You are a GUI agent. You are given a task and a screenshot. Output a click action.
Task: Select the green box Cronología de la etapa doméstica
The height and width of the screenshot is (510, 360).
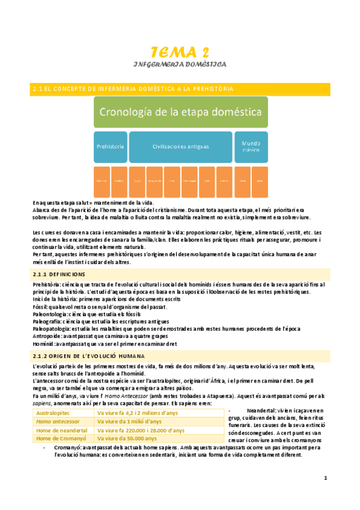point(162,112)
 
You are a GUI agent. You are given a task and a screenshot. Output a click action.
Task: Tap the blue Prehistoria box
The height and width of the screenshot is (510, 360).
point(110,146)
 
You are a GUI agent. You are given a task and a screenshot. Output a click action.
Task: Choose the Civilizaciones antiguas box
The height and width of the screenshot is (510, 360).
point(180,146)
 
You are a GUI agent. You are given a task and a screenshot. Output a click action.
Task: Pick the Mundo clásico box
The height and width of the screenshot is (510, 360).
point(251,146)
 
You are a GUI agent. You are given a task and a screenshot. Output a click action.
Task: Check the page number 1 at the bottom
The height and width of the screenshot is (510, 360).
point(325,478)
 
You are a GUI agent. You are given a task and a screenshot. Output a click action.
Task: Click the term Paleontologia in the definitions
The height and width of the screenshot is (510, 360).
point(50,314)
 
